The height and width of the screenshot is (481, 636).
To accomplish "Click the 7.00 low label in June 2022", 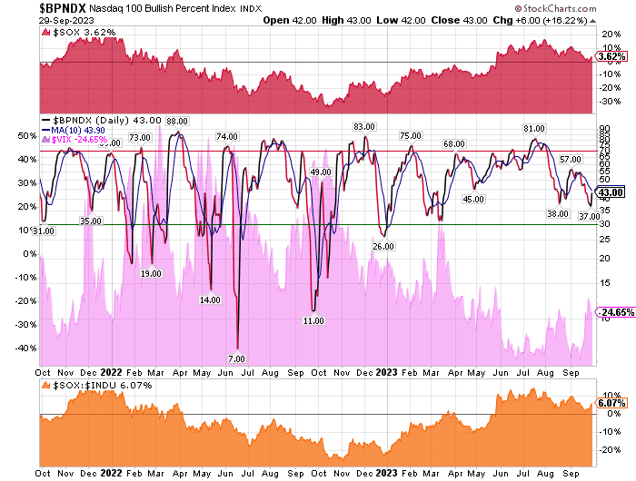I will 237,358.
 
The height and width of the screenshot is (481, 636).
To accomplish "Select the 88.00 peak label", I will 177,122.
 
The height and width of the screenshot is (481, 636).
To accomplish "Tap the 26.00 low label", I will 383,245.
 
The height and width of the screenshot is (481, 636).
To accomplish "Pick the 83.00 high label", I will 364,126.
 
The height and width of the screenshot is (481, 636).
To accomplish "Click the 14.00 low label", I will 211,299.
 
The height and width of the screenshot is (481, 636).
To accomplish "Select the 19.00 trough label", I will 151,273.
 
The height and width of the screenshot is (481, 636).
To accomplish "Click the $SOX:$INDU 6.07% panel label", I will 90,385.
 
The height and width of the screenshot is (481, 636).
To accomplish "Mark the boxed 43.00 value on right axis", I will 609,192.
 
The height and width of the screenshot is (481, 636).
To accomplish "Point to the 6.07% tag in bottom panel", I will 608,403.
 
